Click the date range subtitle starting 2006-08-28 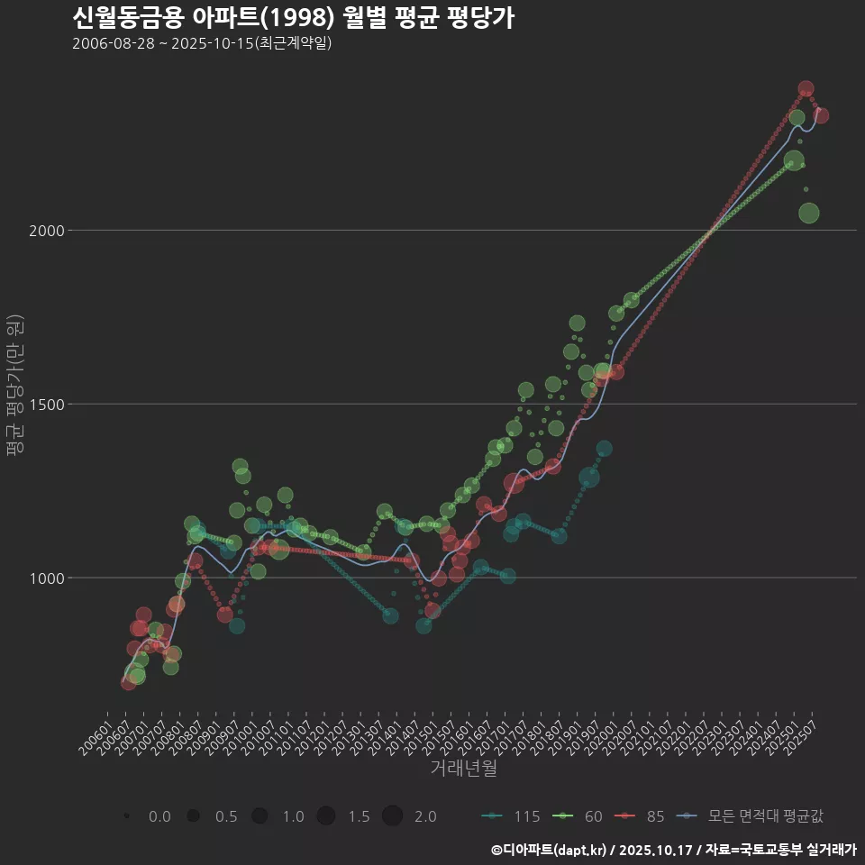click(202, 43)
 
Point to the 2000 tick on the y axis click(50, 231)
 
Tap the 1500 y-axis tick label click(50, 405)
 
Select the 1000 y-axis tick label click(50, 578)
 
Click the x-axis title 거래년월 click(463, 769)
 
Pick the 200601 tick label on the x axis click(97, 734)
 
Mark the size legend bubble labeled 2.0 click(392, 816)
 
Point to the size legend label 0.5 click(225, 816)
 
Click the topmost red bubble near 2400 click(806, 89)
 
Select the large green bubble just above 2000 click(808, 214)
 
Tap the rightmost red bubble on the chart click(821, 115)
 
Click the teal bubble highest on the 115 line click(604, 448)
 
